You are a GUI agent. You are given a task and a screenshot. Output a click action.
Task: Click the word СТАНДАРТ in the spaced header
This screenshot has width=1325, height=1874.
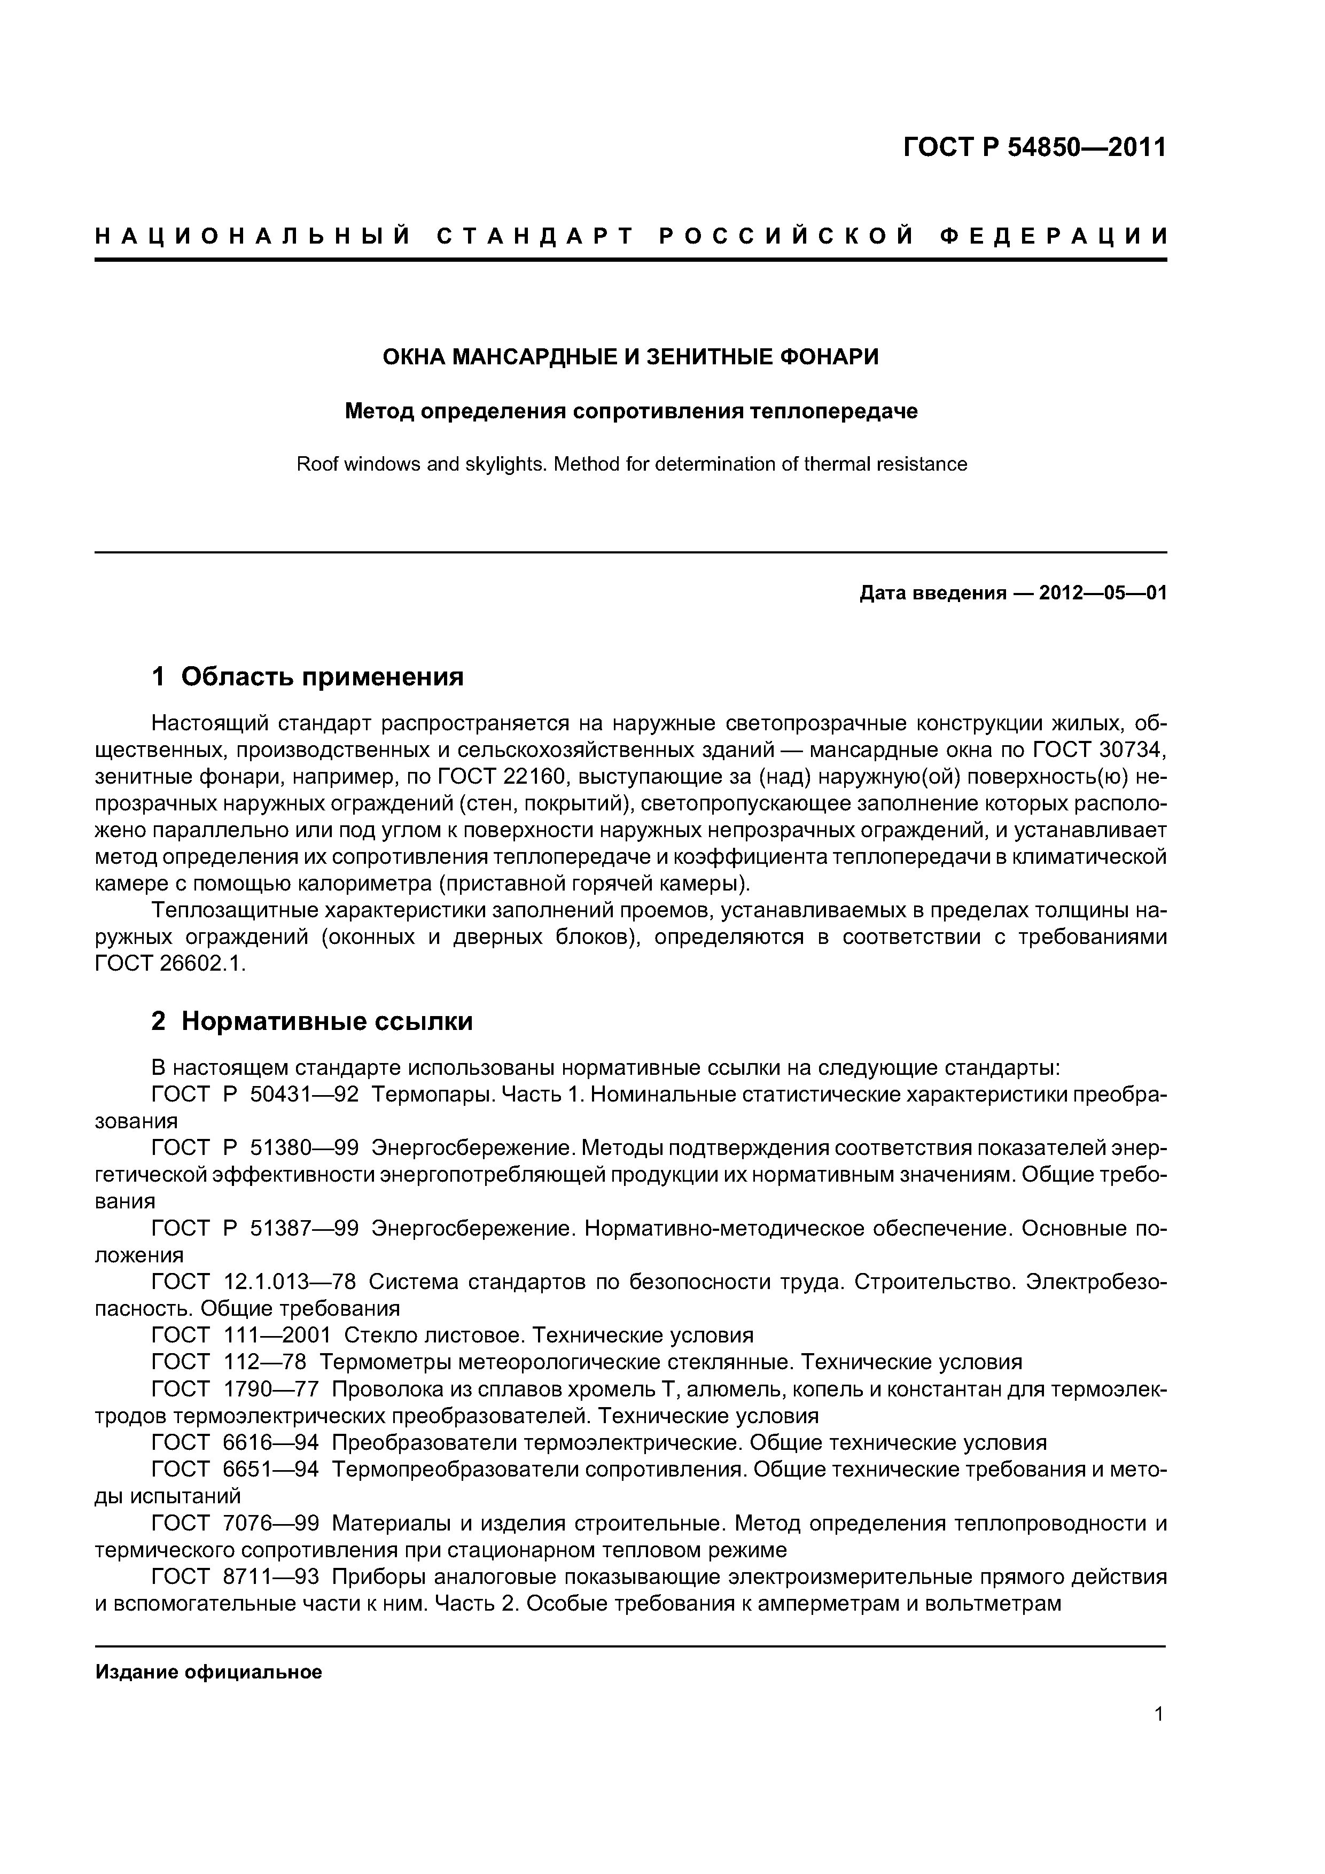click(535, 237)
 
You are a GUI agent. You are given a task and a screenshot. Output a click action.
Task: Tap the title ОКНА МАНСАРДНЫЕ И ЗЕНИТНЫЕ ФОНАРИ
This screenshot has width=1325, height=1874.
click(630, 357)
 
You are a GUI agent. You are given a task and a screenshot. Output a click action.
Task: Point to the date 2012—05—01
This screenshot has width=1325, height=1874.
click(1102, 594)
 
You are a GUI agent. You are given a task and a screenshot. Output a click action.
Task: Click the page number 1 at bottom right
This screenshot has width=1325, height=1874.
click(1158, 1714)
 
